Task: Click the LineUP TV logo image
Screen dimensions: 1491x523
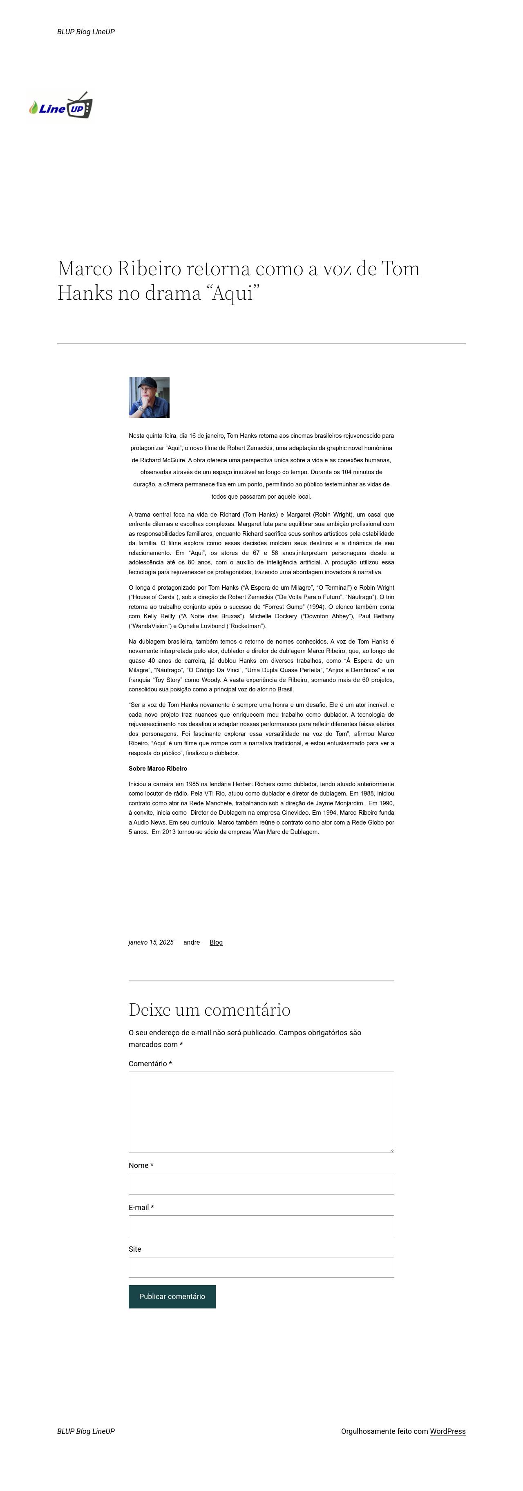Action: coord(61,105)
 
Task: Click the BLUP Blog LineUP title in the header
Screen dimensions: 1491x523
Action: coord(86,32)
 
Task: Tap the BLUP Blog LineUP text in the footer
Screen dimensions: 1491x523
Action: coord(86,1431)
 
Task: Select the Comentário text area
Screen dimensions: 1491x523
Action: coord(261,1111)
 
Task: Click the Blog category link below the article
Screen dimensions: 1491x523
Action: coord(216,942)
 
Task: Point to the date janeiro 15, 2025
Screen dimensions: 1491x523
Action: coord(151,942)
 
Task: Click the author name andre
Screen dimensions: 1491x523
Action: coord(192,942)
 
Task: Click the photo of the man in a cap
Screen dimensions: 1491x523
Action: coord(149,397)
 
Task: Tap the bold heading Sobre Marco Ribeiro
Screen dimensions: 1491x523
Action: coord(158,769)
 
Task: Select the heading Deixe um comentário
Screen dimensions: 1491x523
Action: coord(209,1010)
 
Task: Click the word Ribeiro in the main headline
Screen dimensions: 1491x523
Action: coord(150,269)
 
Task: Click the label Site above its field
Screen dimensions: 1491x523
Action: coord(135,1249)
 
